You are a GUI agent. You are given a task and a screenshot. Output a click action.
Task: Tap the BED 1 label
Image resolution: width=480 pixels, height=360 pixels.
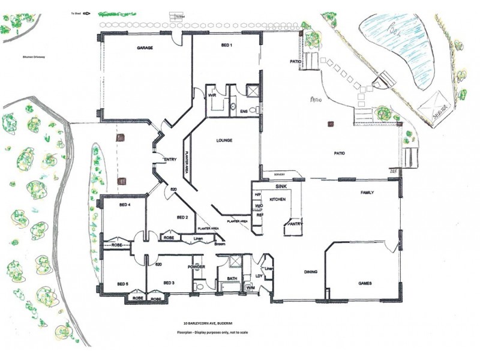(x=226, y=46)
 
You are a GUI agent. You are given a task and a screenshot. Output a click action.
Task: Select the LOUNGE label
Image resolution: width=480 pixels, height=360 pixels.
(x=224, y=140)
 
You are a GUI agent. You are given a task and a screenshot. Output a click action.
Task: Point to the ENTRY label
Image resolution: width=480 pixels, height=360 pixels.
(x=170, y=159)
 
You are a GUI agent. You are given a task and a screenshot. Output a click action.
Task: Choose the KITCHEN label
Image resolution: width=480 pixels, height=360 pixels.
(x=276, y=199)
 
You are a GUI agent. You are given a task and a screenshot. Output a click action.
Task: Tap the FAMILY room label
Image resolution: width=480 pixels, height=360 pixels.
(x=367, y=193)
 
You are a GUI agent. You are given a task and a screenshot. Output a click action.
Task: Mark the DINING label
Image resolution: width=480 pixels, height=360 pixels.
(x=310, y=272)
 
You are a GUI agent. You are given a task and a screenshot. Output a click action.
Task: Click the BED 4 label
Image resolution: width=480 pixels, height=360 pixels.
(x=125, y=205)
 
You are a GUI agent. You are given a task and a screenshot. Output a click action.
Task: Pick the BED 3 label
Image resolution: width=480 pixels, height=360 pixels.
(x=169, y=283)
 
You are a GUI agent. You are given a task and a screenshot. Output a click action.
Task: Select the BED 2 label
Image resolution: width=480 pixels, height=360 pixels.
(x=182, y=217)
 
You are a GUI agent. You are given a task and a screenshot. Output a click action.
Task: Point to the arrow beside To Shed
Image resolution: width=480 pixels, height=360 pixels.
(x=86, y=12)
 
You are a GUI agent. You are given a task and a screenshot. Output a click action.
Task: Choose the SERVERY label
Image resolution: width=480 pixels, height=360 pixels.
(x=280, y=175)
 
